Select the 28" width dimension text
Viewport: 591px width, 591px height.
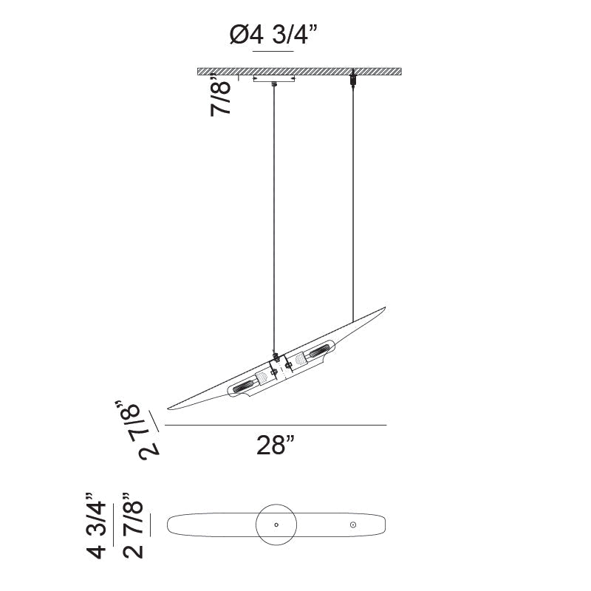pyautogui.click(x=276, y=446)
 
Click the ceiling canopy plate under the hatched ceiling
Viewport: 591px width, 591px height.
pyautogui.click(x=274, y=79)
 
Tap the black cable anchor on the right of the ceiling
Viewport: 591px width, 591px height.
pyautogui.click(x=354, y=76)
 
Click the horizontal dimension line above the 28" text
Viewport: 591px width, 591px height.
pyautogui.click(x=276, y=426)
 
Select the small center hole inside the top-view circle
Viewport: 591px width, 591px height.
pyautogui.click(x=276, y=525)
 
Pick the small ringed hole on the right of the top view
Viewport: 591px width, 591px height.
pyautogui.click(x=354, y=525)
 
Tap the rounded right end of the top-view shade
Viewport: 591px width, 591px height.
pyautogui.click(x=382, y=525)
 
